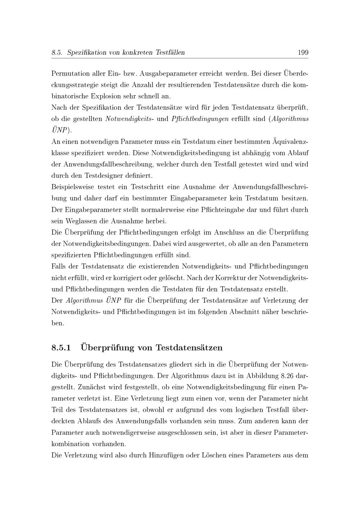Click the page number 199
303,53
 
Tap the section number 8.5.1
62,348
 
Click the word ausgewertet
207,244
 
